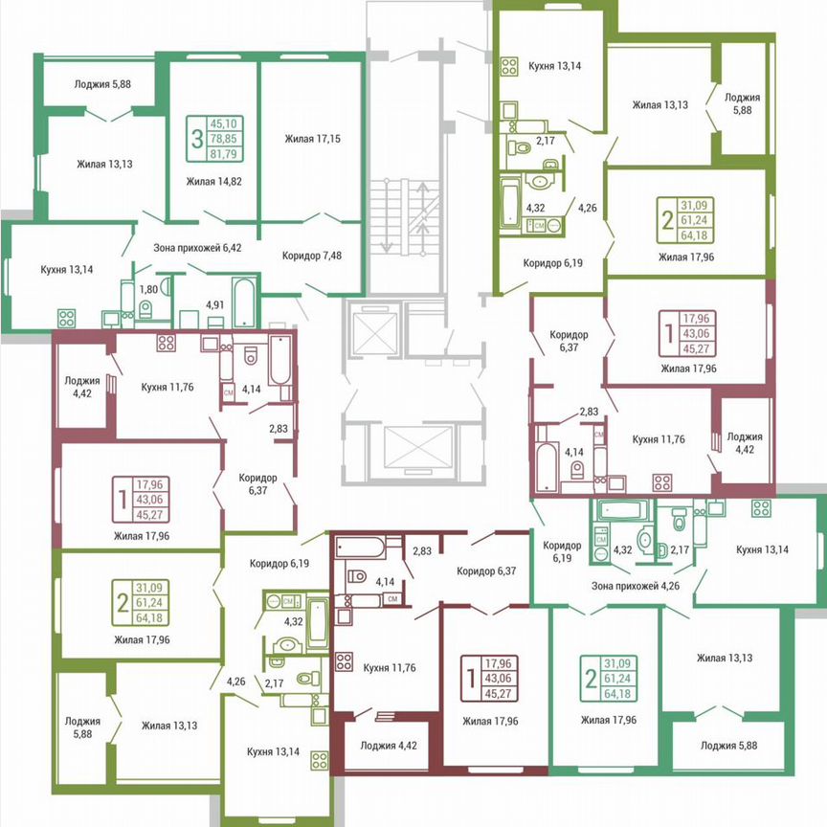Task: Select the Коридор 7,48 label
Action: coord(312,256)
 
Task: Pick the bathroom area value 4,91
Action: coord(215,306)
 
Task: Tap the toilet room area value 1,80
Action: coord(148,288)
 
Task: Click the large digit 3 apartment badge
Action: coord(197,139)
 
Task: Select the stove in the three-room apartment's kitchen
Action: coord(66,317)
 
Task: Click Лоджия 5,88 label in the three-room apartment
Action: coord(102,84)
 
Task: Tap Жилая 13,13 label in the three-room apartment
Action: coord(104,164)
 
